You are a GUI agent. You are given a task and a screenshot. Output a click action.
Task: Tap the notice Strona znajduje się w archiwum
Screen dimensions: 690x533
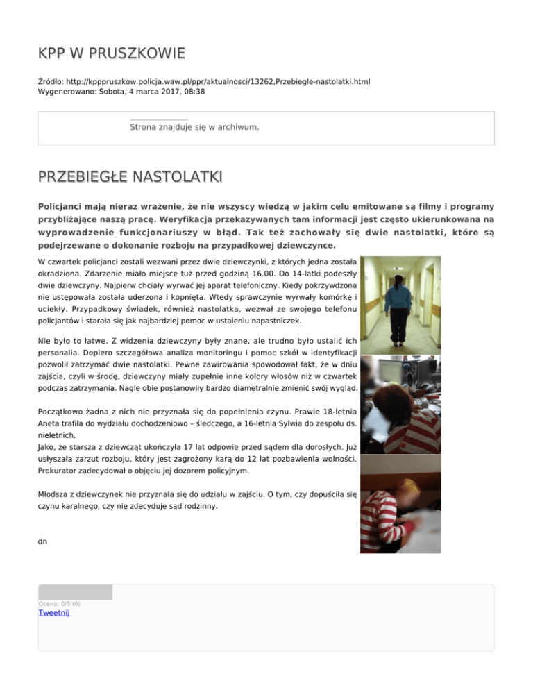(x=194, y=128)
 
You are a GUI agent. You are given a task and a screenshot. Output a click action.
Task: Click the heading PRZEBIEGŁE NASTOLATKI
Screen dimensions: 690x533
(x=130, y=178)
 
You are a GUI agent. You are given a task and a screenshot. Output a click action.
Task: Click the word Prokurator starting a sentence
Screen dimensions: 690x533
(x=60, y=470)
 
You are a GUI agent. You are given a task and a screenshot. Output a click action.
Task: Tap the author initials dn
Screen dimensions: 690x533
(x=42, y=538)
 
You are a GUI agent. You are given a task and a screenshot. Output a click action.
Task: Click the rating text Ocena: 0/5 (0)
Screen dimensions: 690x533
(x=60, y=604)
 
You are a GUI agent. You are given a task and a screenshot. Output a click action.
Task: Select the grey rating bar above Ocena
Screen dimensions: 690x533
(x=75, y=592)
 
